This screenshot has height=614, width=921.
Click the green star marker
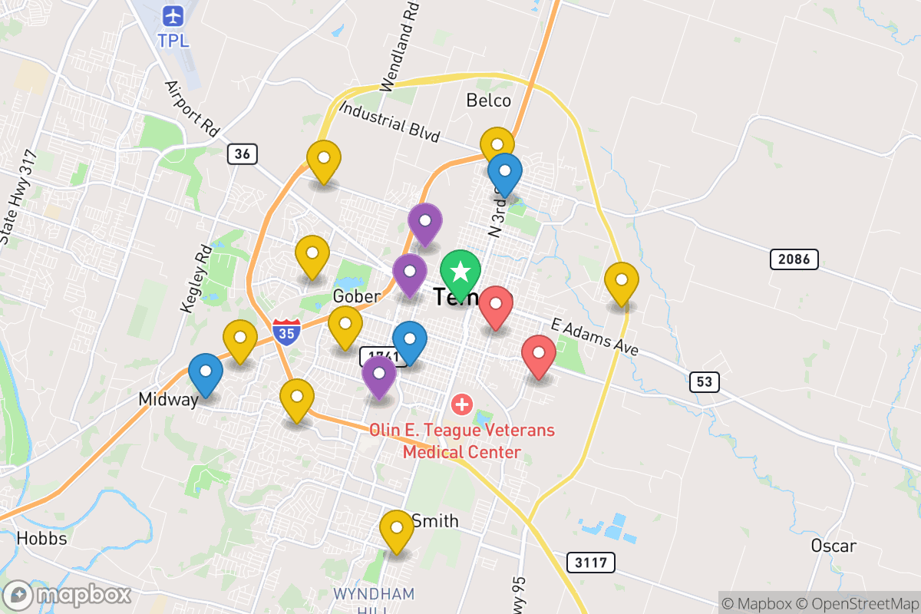[x=460, y=272]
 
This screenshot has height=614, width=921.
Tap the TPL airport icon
[x=173, y=15]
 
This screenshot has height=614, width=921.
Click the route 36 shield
[x=242, y=153]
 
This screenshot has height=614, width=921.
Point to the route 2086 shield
[x=794, y=259]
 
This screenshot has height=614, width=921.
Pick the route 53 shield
[x=704, y=381]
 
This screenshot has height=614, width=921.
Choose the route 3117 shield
[x=591, y=563]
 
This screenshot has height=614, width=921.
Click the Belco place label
[x=488, y=101]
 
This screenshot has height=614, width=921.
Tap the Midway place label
[x=168, y=399]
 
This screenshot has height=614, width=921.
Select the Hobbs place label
[x=41, y=538]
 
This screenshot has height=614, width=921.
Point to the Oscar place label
[x=834, y=546]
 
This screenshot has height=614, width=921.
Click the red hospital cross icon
[x=461, y=403]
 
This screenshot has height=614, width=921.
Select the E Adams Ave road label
[x=595, y=337]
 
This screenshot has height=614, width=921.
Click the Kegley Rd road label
[x=196, y=279]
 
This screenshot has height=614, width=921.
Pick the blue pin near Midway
[x=206, y=372]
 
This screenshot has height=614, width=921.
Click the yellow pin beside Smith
[x=397, y=529]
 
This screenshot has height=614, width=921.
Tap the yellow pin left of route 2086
[x=622, y=281]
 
